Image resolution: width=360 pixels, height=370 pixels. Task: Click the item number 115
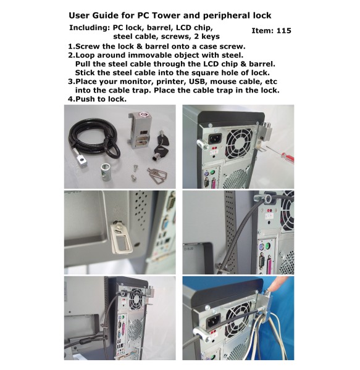pyautogui.click(x=283, y=30)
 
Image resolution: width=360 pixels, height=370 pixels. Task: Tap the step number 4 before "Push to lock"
pyautogui.click(x=71, y=99)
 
